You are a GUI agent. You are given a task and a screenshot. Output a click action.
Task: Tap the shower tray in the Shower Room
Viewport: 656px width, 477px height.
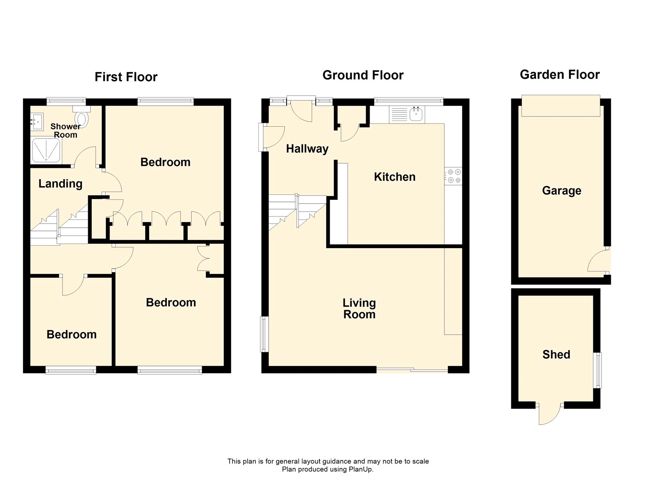(47, 150)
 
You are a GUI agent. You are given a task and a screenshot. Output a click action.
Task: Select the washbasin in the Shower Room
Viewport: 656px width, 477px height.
(36, 122)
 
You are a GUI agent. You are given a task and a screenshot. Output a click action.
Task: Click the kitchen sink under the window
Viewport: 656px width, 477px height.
(417, 114)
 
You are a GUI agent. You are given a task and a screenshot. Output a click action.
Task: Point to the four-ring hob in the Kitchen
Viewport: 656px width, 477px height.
(454, 176)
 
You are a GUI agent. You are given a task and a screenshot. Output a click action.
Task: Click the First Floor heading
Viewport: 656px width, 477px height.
(126, 77)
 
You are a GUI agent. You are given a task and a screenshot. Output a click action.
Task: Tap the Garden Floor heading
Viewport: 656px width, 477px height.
(559, 75)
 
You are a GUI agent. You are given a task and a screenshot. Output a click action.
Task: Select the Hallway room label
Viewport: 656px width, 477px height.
(307, 148)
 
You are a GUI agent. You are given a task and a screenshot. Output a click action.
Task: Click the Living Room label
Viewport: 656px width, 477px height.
(359, 308)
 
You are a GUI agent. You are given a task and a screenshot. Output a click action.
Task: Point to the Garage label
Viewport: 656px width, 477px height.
(561, 191)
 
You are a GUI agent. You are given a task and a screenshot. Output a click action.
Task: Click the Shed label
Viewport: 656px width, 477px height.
(556, 354)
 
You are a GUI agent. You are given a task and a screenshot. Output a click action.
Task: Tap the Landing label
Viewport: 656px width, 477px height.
(60, 184)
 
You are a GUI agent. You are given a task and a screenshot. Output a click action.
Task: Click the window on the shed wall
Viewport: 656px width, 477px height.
(599, 370)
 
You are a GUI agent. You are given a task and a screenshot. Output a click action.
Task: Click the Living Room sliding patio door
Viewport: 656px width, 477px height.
(412, 370)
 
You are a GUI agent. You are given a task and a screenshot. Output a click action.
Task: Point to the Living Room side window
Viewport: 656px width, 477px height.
(264, 334)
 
